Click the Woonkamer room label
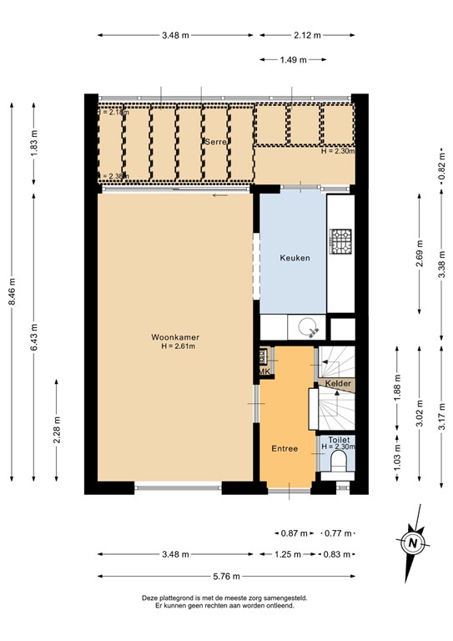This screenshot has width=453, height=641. pyautogui.click(x=175, y=337)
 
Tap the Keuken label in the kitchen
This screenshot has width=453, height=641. pyautogui.click(x=294, y=258)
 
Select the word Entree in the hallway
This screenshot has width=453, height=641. pyautogui.click(x=284, y=448)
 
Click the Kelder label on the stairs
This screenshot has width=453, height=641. pyautogui.click(x=339, y=383)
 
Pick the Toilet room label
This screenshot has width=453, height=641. pyautogui.click(x=338, y=438)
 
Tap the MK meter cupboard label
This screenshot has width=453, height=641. pyautogui.click(x=264, y=371)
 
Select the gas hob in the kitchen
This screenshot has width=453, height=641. pyautogui.click(x=340, y=241)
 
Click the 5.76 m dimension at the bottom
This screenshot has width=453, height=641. pyautogui.click(x=226, y=576)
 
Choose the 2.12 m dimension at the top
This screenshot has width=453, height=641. pyautogui.click(x=307, y=35)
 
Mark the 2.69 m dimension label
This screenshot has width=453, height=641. pyautogui.click(x=420, y=251)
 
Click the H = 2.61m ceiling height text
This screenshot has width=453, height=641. pyautogui.click(x=175, y=346)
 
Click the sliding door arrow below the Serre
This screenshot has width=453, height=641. pyautogui.click(x=219, y=195)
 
